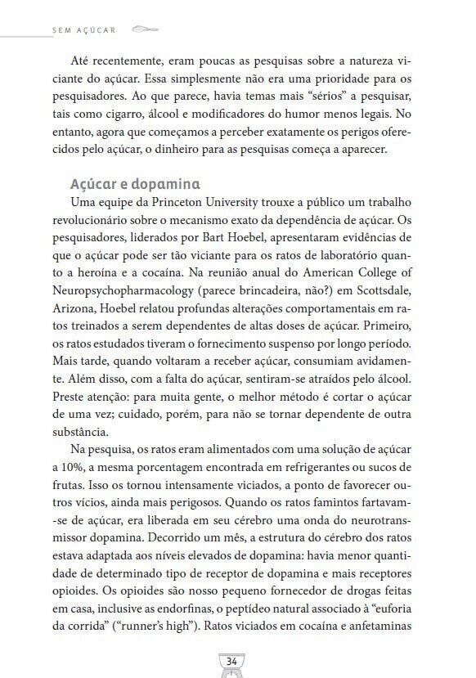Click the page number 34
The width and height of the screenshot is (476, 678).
(231, 660)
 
